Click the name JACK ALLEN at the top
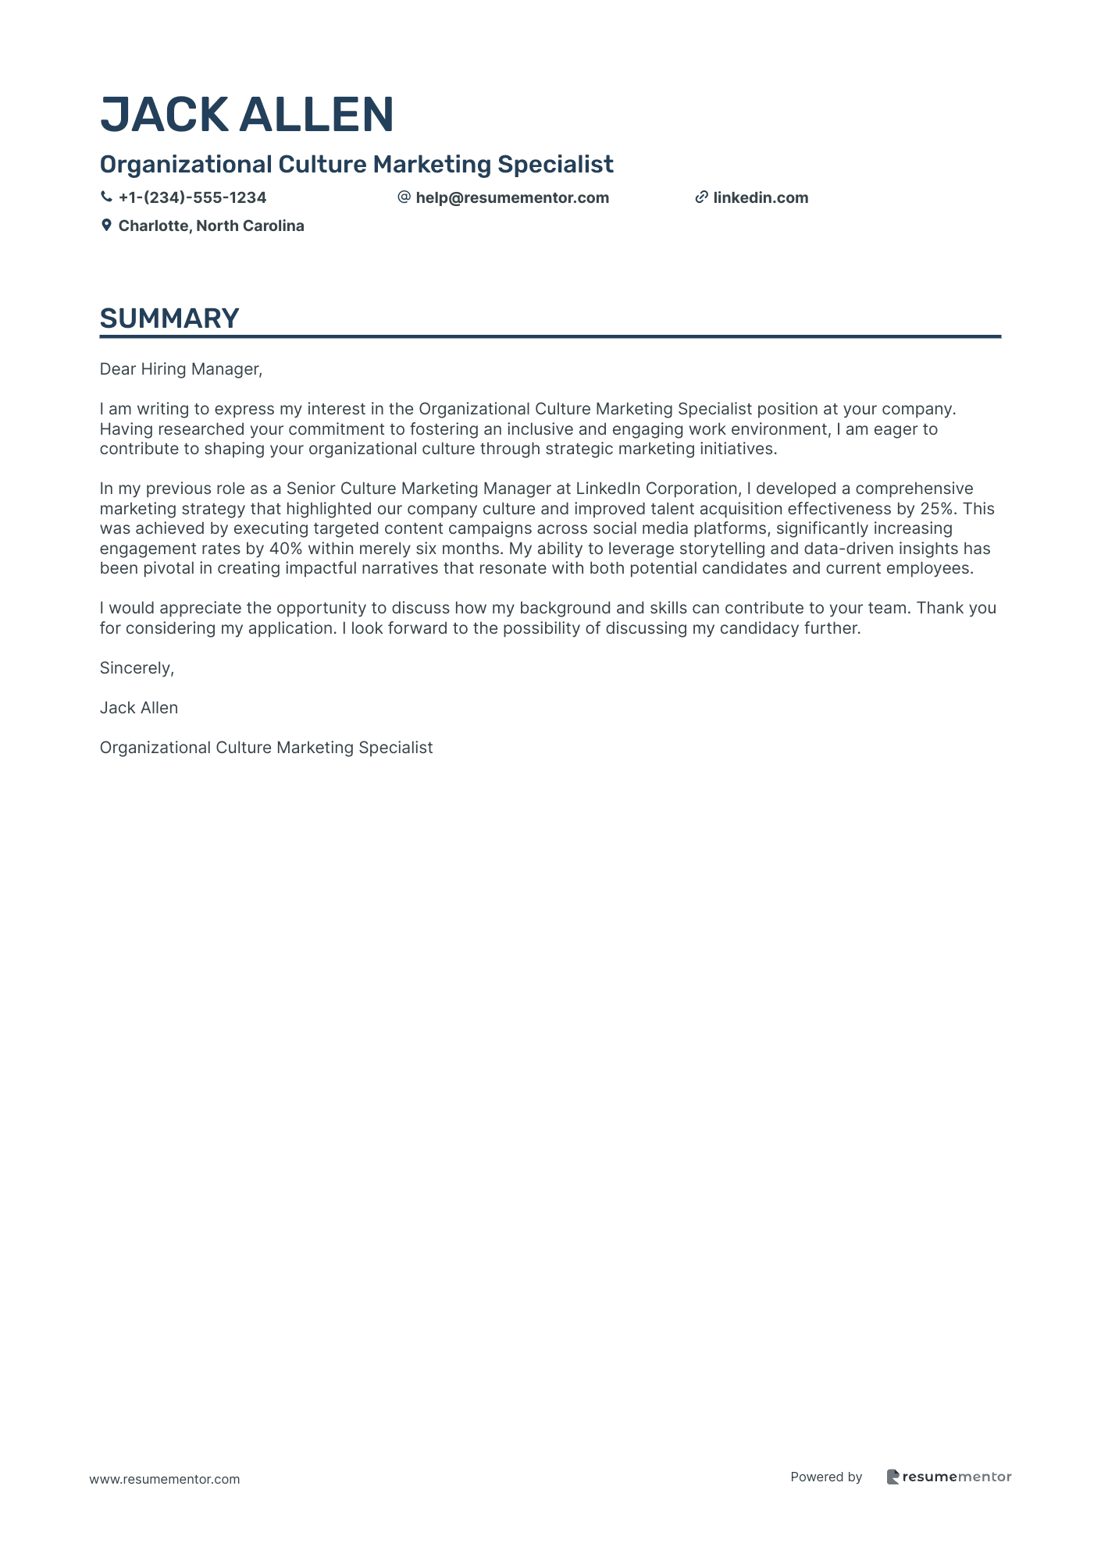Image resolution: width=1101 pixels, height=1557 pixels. point(247,115)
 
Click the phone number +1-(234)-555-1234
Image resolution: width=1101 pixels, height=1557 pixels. point(192,197)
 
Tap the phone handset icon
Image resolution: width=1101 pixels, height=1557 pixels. point(106,197)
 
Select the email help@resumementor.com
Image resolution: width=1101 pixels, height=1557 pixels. point(512,197)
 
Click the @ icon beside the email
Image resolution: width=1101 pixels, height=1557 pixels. point(404,197)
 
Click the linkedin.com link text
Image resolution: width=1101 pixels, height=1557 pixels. point(761,197)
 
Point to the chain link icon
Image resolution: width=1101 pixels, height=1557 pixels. point(701,197)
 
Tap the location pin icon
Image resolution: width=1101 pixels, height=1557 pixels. point(106,226)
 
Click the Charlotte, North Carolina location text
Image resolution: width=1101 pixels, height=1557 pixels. point(211,226)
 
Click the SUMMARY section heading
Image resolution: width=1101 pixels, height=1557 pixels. point(169,318)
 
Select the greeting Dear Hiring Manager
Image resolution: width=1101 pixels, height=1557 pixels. point(181,369)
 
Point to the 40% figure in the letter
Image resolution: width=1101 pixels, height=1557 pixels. point(286,549)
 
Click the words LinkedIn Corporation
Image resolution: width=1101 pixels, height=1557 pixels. point(657,489)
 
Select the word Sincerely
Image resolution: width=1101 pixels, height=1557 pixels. point(137,668)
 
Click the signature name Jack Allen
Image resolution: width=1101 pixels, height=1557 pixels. point(139,708)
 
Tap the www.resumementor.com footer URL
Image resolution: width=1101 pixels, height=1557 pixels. point(165,1479)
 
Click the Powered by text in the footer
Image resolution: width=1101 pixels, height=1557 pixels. point(826,1477)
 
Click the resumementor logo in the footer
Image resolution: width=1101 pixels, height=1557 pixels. point(949,1477)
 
